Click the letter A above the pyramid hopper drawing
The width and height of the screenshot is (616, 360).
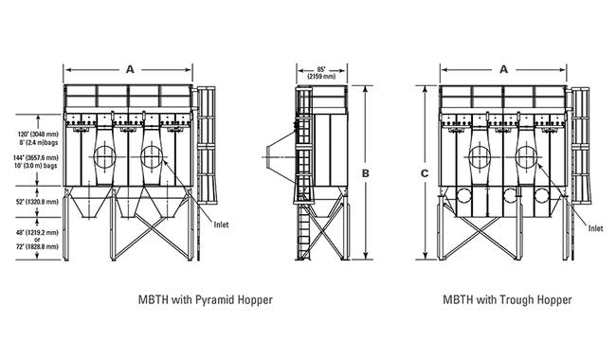(x=129, y=68)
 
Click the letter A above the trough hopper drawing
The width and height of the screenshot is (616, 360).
(x=503, y=68)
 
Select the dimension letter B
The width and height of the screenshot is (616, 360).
(x=365, y=171)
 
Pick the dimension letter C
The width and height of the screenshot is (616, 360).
(x=425, y=171)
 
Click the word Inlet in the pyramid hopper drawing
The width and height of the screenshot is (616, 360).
(x=221, y=225)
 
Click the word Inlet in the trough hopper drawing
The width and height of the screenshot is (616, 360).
(x=595, y=228)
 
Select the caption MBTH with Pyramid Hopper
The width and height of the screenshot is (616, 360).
(x=206, y=299)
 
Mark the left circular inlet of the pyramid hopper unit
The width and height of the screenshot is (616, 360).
(x=105, y=156)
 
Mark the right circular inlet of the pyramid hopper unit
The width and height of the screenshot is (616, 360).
(x=153, y=156)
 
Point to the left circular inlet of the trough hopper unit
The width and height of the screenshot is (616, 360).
(x=480, y=156)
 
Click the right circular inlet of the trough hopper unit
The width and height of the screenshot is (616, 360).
(x=527, y=156)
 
